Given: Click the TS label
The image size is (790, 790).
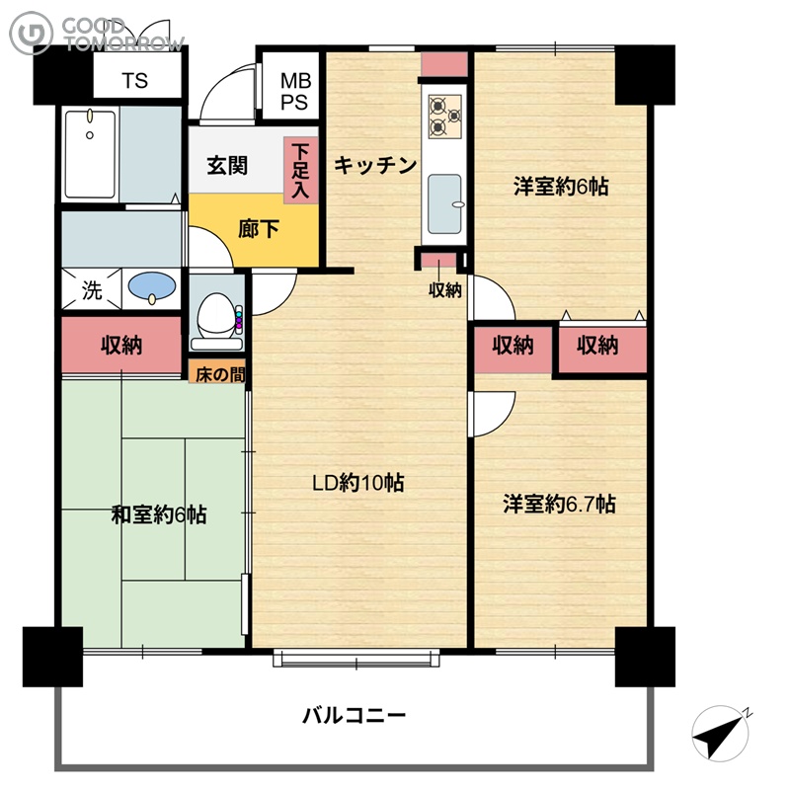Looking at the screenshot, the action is tap(135, 81).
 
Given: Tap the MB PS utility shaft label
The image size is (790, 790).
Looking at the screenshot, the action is tap(294, 91).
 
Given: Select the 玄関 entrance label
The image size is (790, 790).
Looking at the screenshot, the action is tap(227, 165).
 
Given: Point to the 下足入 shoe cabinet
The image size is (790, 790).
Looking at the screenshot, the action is tap(301, 170).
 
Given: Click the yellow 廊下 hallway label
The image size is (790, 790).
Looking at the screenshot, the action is tap(258, 230).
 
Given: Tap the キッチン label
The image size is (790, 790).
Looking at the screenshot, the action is tap(375, 165).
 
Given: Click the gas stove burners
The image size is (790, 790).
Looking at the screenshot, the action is tap(445, 117).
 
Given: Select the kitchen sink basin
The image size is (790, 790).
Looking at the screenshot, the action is tap(445, 204).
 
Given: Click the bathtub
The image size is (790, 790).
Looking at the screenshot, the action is tap(90, 154).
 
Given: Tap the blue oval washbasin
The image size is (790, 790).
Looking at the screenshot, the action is tap(152, 286).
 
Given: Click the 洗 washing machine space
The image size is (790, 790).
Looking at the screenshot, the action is tap(91, 289).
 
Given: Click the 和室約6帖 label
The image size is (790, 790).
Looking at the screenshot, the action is tap(159, 514).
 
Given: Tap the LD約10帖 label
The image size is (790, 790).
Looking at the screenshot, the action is tap(358, 483).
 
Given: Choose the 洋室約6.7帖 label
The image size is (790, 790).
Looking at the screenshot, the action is tap(559, 504).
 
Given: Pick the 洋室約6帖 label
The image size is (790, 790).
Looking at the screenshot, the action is tap(561, 187).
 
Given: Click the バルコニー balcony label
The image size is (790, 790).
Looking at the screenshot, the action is tap(354, 715).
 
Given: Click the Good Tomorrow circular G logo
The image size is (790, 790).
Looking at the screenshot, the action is tap(32, 33).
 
